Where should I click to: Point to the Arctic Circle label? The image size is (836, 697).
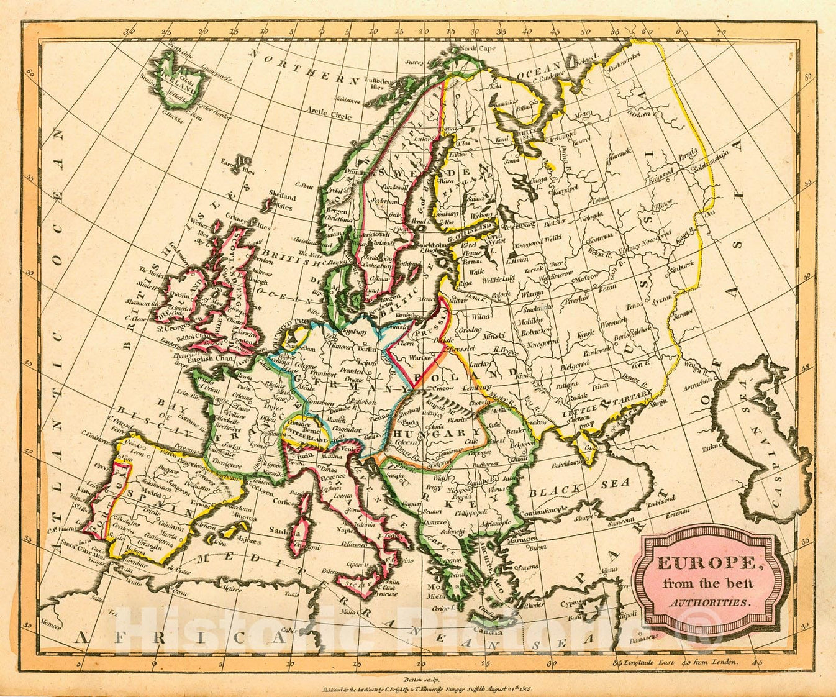pos(325,112)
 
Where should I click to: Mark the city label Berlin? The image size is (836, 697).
pos(366,349)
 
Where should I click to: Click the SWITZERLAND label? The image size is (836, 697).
pos(304,439)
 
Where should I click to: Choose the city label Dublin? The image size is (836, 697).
pos(180,279)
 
